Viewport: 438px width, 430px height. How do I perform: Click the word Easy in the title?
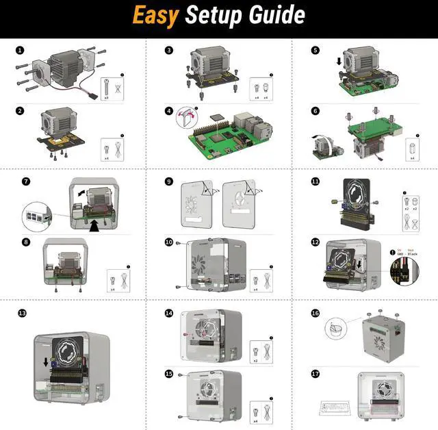pos(156,15)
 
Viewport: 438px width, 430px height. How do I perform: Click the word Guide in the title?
pos(276,15)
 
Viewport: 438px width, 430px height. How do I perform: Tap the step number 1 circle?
pos(20,50)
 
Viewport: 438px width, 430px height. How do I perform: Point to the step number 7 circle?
pos(26,181)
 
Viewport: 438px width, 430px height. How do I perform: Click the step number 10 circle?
pos(169,242)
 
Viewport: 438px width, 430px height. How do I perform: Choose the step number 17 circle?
pos(315,374)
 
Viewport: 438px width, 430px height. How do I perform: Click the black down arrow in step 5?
pos(341,62)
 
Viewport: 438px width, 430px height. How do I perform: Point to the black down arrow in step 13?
pos(46,362)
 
